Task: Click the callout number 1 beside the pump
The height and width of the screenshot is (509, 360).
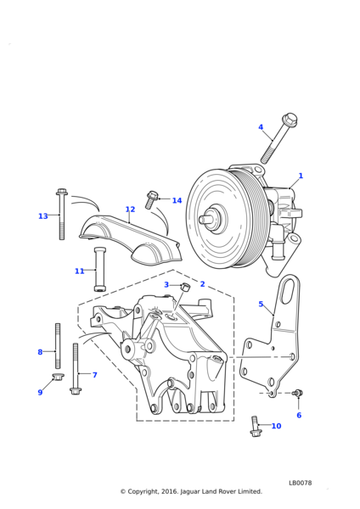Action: click(301, 176)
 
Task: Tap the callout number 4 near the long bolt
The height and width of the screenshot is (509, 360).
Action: click(261, 127)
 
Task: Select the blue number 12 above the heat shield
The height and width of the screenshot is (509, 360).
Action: click(130, 209)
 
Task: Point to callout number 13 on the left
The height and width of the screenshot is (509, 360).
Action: click(43, 215)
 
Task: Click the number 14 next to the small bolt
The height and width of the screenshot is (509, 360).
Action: click(177, 200)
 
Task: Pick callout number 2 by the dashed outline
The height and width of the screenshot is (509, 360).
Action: click(202, 284)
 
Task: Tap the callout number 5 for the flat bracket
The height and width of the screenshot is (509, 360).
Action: click(261, 304)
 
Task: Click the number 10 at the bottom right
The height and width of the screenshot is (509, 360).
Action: click(276, 426)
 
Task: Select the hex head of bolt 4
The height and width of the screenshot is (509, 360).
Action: click(290, 120)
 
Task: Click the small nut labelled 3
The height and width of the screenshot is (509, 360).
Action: click(185, 287)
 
